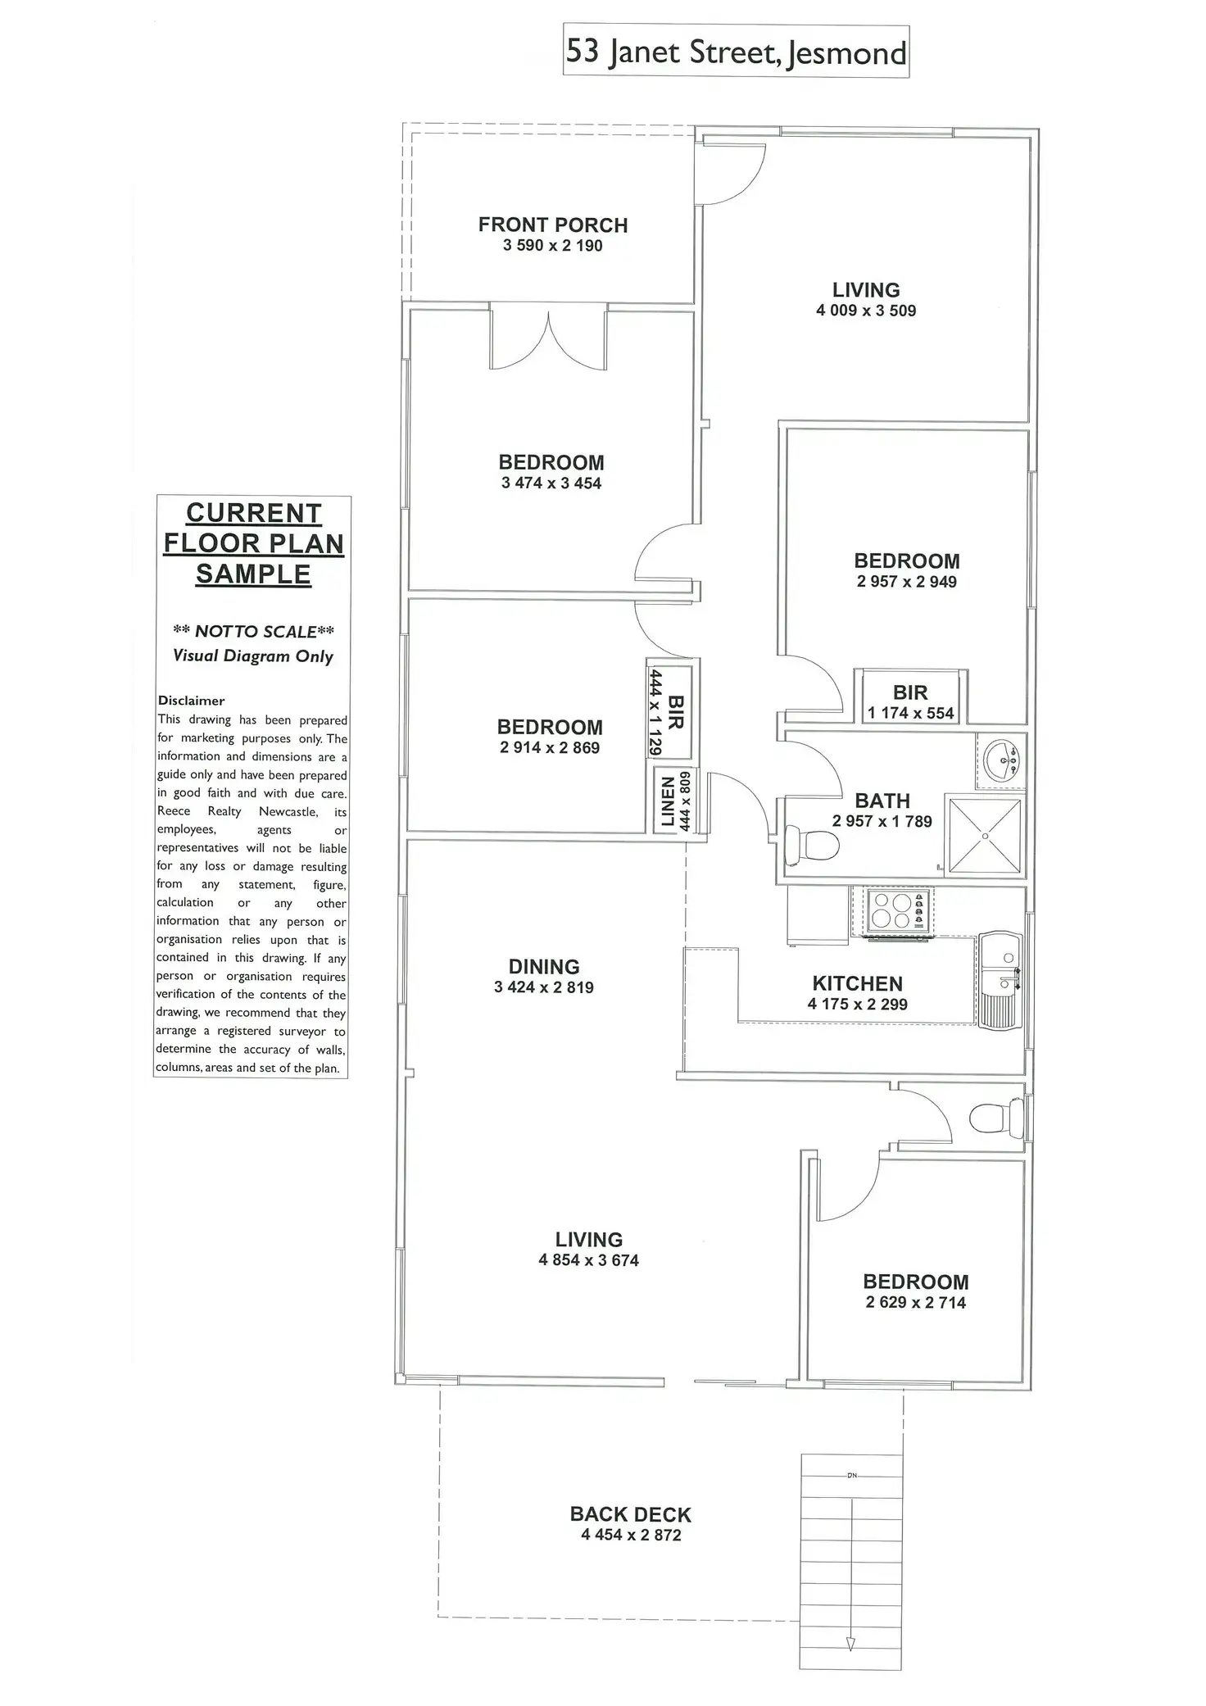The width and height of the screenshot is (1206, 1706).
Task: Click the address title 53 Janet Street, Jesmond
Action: click(x=736, y=52)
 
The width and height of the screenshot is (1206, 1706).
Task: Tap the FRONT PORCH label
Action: click(x=553, y=225)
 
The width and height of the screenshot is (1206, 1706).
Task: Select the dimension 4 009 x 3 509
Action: click(x=866, y=311)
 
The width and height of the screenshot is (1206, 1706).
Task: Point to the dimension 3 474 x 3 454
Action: click(x=551, y=483)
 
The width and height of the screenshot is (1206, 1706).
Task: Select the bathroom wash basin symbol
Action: click(x=1000, y=761)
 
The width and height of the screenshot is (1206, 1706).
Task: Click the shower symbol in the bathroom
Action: click(x=984, y=833)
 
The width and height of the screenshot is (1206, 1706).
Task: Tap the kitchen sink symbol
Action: click(x=1000, y=980)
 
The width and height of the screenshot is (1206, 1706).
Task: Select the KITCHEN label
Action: click(x=857, y=983)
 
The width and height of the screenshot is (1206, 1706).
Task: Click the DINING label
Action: click(x=544, y=967)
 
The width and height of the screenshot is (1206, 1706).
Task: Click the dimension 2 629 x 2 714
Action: click(x=915, y=1303)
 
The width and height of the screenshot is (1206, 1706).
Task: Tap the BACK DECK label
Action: click(x=631, y=1515)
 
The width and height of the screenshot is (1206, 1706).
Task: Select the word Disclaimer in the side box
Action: click(x=191, y=701)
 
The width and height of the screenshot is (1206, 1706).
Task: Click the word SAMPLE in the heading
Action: click(x=253, y=574)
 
